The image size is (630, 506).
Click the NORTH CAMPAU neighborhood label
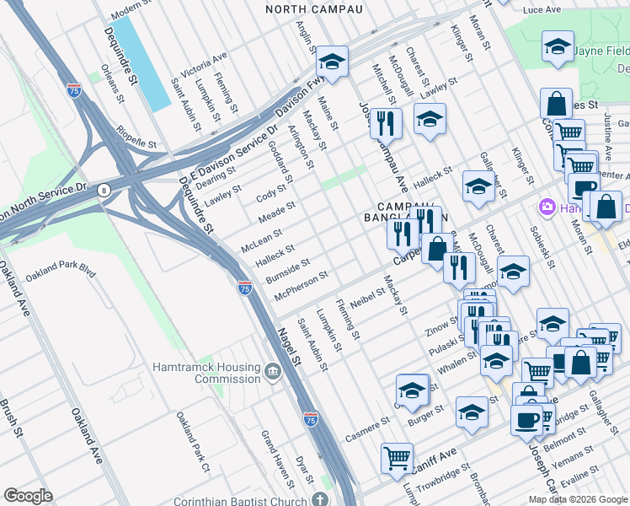click(x=313, y=9)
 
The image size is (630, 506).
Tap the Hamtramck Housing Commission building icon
click(x=272, y=372)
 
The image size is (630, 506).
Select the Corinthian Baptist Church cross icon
click(x=319, y=500)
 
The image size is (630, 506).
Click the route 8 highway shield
click(x=104, y=191)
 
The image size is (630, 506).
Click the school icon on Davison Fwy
click(x=333, y=63)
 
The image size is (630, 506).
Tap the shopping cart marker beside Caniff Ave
click(x=397, y=458)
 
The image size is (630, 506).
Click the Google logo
click(x=28, y=495)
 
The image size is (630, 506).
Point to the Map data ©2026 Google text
click(x=577, y=499)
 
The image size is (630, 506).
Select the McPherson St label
click(x=301, y=286)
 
